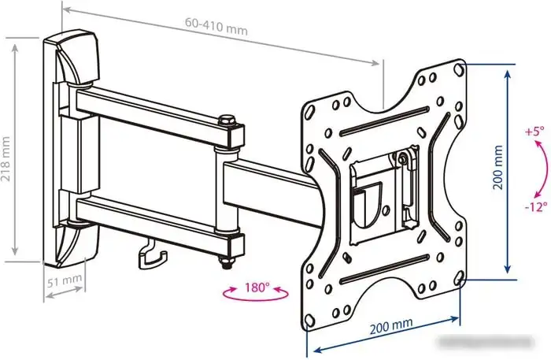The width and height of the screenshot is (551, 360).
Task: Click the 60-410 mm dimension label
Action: coord(216,26)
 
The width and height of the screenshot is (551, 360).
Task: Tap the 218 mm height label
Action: coord(6,159)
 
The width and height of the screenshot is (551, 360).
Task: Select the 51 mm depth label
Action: coord(65,280)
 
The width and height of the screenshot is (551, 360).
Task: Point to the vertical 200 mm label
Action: coord(498,167)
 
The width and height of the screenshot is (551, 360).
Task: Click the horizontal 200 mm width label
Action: coord(391,325)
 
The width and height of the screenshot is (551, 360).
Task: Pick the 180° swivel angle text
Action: coord(257,288)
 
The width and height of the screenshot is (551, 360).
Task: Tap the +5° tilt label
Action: coord(534,132)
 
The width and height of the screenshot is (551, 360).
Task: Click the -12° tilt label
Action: coord(536,206)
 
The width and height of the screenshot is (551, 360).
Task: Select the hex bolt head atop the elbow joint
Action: coord(227,121)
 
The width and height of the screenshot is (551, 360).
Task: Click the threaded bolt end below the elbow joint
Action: coord(226,263)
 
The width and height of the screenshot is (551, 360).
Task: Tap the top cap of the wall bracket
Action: coord(77,57)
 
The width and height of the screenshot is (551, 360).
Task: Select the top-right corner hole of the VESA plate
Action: coord(459,69)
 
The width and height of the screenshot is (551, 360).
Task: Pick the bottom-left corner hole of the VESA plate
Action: coord(309,320)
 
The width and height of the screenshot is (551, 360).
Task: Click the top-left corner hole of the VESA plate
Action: coord(309,112)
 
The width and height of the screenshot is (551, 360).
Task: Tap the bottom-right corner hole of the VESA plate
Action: coord(459,278)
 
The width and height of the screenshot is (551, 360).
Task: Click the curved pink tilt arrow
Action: coord(541,168)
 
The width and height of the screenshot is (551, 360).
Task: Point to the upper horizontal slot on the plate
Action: coord(384,121)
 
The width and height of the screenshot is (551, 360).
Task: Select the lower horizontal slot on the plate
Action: coord(385,269)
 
